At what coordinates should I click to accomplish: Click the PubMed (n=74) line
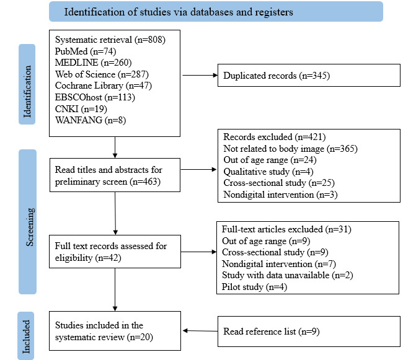[x=86, y=51]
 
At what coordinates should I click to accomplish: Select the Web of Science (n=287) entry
[x=102, y=74]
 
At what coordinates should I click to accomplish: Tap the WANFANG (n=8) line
[x=90, y=120]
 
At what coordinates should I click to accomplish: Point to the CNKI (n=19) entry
[x=81, y=108]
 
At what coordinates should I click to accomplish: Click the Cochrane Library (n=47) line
[x=103, y=86]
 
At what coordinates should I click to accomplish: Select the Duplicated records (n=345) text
[x=277, y=76]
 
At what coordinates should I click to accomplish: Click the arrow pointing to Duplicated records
[x=200, y=76]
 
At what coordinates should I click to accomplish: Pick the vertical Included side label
[x=26, y=336]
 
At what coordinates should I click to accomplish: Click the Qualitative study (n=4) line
[x=268, y=172]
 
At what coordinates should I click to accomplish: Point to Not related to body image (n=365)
[x=290, y=149]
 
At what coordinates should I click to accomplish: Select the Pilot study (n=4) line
[x=254, y=287]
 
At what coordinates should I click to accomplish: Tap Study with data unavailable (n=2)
[x=287, y=275]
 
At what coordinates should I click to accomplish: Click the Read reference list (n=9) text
[x=271, y=331]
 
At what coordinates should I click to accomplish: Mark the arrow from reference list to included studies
[x=200, y=331]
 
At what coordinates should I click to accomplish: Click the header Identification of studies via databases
[x=179, y=12]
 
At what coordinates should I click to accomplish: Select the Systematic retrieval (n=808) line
[x=110, y=40]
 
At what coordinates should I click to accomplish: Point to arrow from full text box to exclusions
[x=199, y=252]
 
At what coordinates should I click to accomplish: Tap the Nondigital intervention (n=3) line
[x=280, y=195]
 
